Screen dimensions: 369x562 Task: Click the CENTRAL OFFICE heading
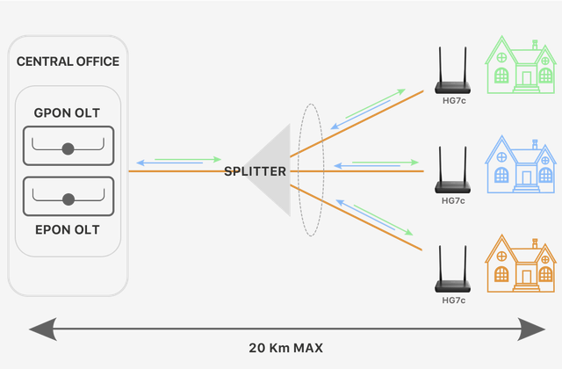click(68, 61)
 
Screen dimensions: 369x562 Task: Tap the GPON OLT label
click(68, 112)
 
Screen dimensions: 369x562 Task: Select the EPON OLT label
click(68, 229)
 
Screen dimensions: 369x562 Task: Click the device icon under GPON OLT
click(68, 143)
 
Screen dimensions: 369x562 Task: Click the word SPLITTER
click(255, 171)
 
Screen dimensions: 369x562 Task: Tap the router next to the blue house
click(453, 177)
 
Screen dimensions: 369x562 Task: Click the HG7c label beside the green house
click(453, 100)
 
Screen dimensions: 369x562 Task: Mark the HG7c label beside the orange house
click(453, 300)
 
